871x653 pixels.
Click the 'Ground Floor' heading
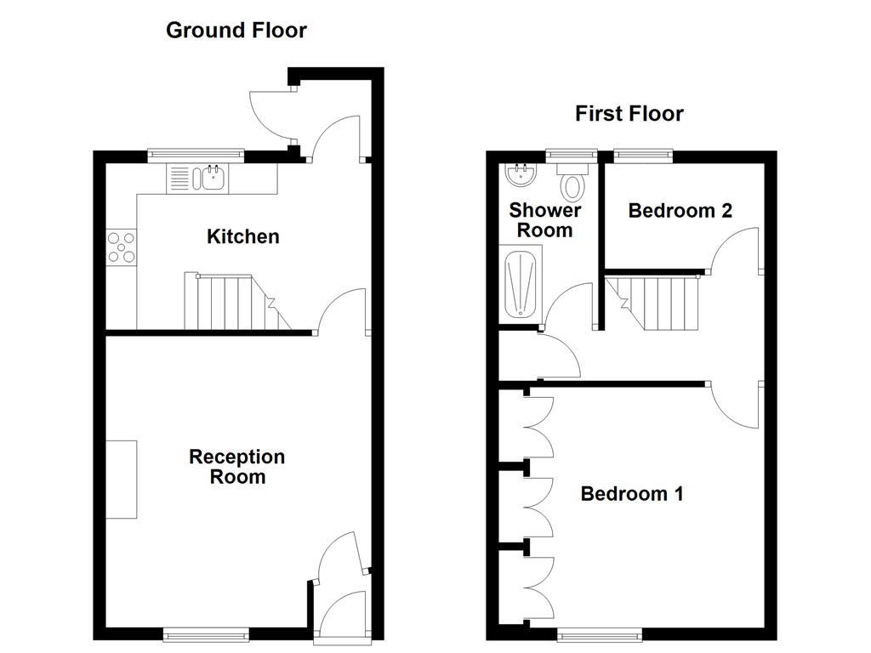click(x=236, y=31)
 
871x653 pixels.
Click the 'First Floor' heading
click(x=629, y=113)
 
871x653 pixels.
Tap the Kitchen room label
click(x=242, y=236)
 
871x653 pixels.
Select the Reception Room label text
click(x=236, y=467)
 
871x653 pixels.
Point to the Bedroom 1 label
click(x=631, y=494)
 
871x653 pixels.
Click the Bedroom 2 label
click(x=680, y=211)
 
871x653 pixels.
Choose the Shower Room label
click(x=545, y=220)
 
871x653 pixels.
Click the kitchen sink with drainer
click(x=197, y=179)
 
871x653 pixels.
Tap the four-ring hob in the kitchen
click(x=121, y=247)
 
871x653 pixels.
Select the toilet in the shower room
click(x=572, y=184)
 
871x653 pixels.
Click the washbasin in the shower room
click(x=520, y=176)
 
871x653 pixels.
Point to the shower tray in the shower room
click(x=520, y=284)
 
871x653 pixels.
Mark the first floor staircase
click(x=658, y=301)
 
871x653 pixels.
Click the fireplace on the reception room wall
click(x=121, y=480)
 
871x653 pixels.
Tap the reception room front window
click(x=207, y=633)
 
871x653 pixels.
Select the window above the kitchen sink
click(x=196, y=155)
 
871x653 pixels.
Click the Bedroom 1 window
click(x=600, y=633)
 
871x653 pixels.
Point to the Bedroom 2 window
click(x=643, y=155)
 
